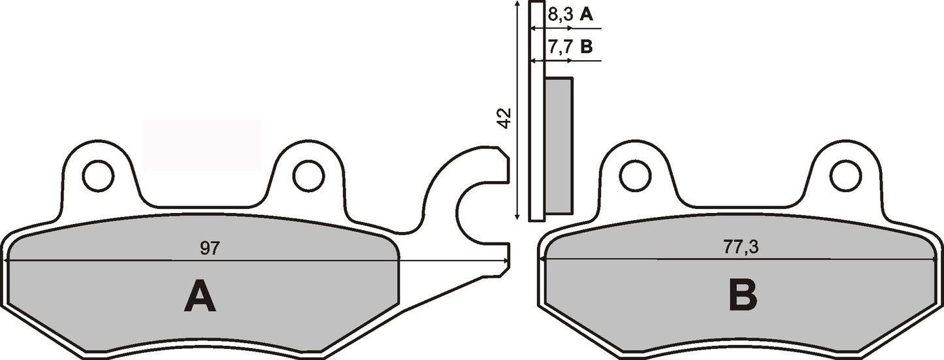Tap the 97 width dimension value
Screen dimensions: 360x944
click(209, 248)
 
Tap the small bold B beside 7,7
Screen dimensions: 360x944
click(587, 47)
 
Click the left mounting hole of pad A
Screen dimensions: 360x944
click(98, 176)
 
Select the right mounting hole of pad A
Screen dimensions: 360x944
click(308, 176)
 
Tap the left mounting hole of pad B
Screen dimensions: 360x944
click(635, 176)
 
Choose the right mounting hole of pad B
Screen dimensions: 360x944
click(845, 176)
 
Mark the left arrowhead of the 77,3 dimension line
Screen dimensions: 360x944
click(542, 260)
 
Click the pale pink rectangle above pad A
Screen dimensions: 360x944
click(201, 145)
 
